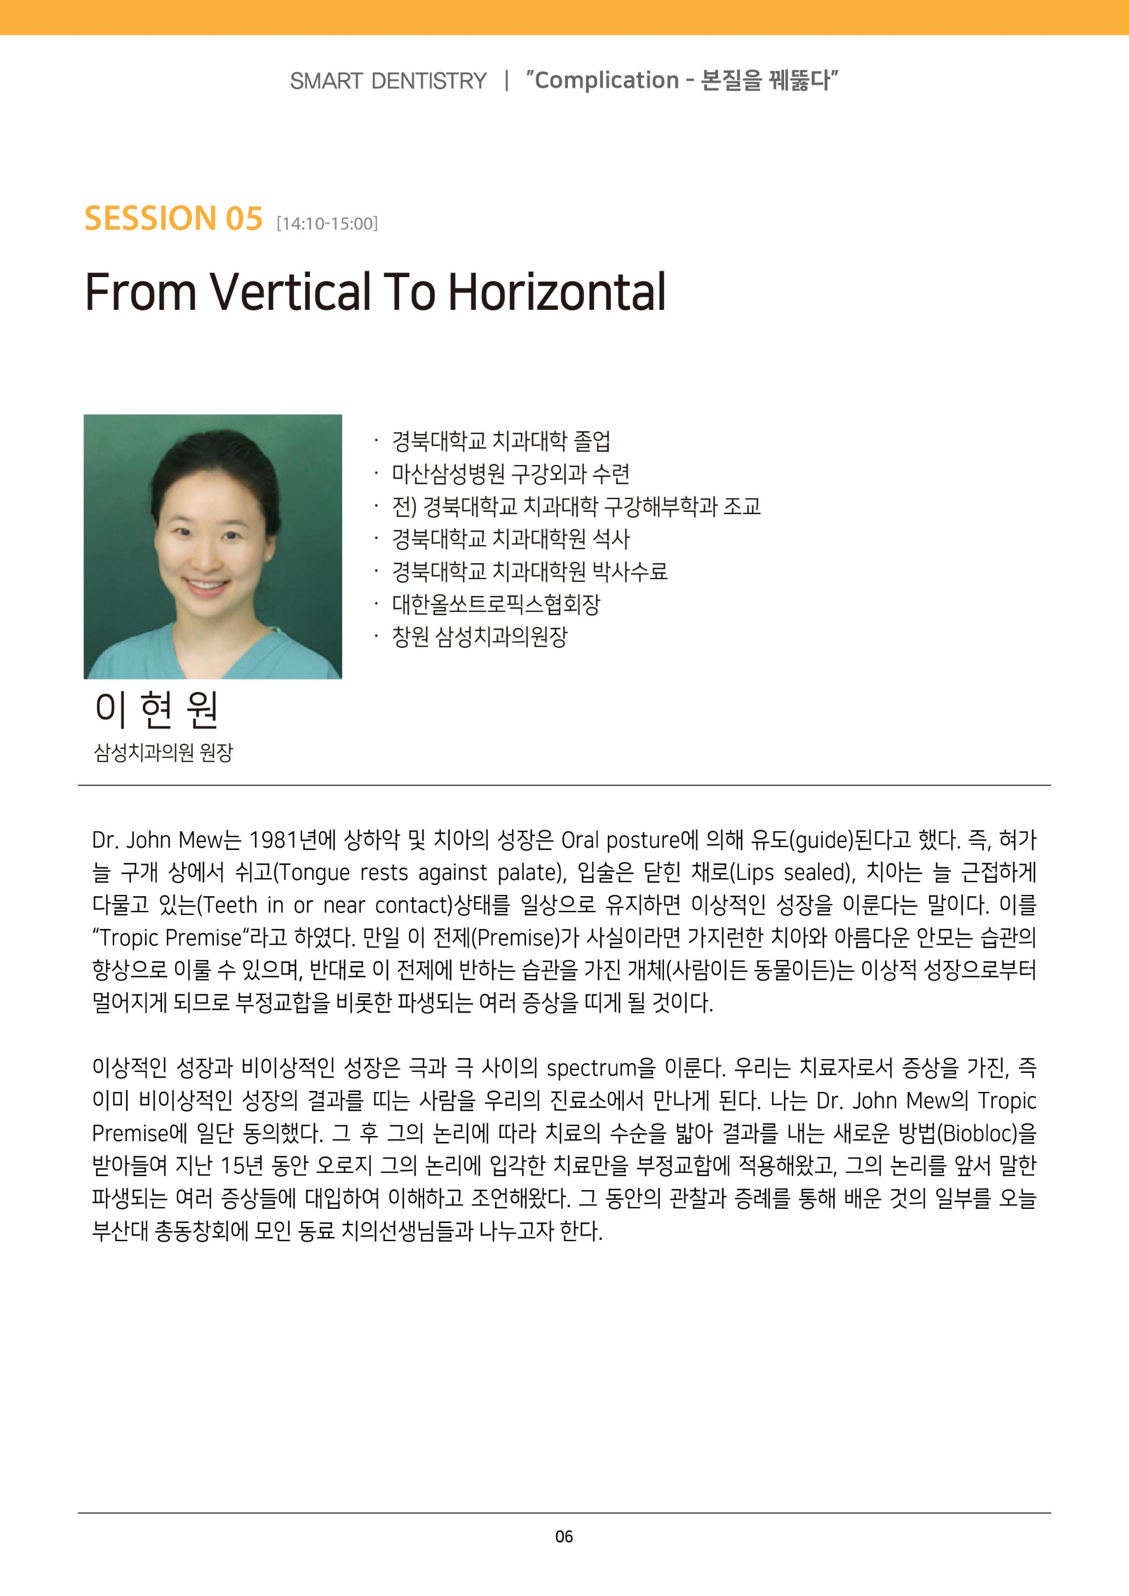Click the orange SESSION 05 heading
[173, 218]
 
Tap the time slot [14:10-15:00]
[327, 224]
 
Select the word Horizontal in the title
[557, 291]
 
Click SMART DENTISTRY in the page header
[388, 81]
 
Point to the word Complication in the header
[606, 80]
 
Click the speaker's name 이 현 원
[156, 710]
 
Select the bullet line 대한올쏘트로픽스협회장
[496, 604]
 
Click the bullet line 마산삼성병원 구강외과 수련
[510, 473]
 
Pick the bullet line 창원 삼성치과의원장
[480, 637]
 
